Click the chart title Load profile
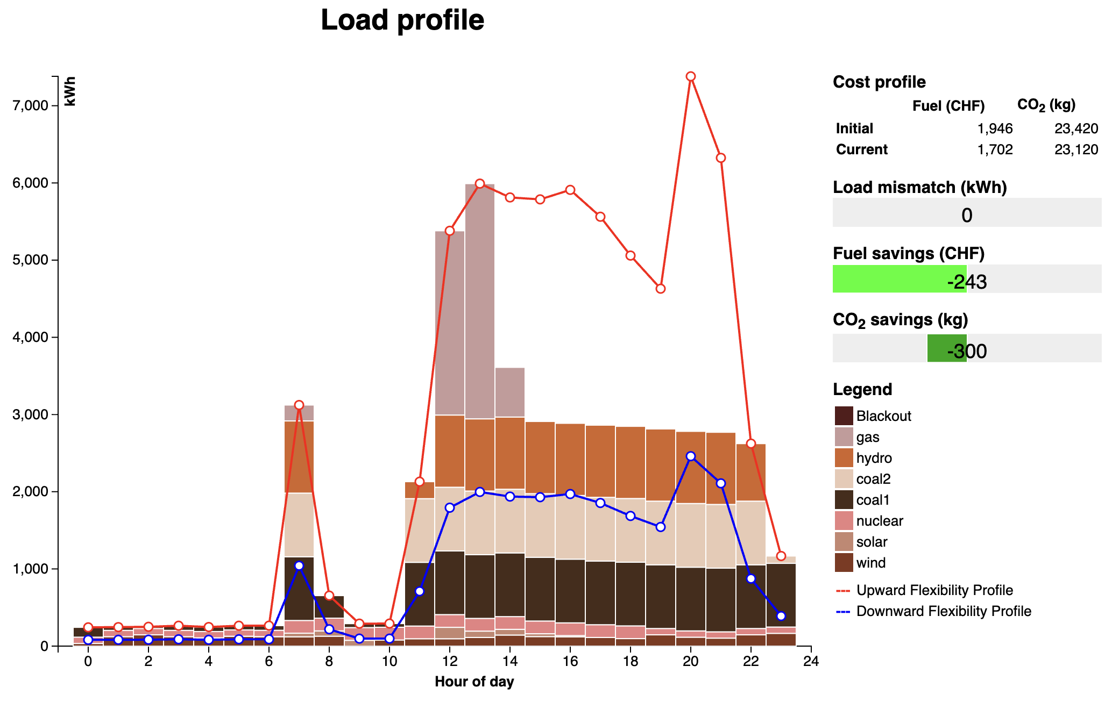tap(402, 20)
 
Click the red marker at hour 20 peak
tap(691, 77)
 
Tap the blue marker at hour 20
tap(691, 456)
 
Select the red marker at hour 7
tap(299, 405)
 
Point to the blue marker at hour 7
tap(299, 565)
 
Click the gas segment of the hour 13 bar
tap(480, 301)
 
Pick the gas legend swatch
tap(844, 437)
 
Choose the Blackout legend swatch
tap(844, 416)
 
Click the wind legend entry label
tap(871, 563)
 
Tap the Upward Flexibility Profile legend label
tap(934, 590)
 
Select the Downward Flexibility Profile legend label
tap(944, 611)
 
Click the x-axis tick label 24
tap(811, 662)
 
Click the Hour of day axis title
tap(474, 682)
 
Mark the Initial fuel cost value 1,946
tap(995, 128)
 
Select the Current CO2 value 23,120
tap(1076, 149)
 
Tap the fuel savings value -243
tap(967, 282)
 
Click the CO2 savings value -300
tap(967, 351)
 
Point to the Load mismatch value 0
tap(967, 216)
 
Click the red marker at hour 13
tap(480, 184)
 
